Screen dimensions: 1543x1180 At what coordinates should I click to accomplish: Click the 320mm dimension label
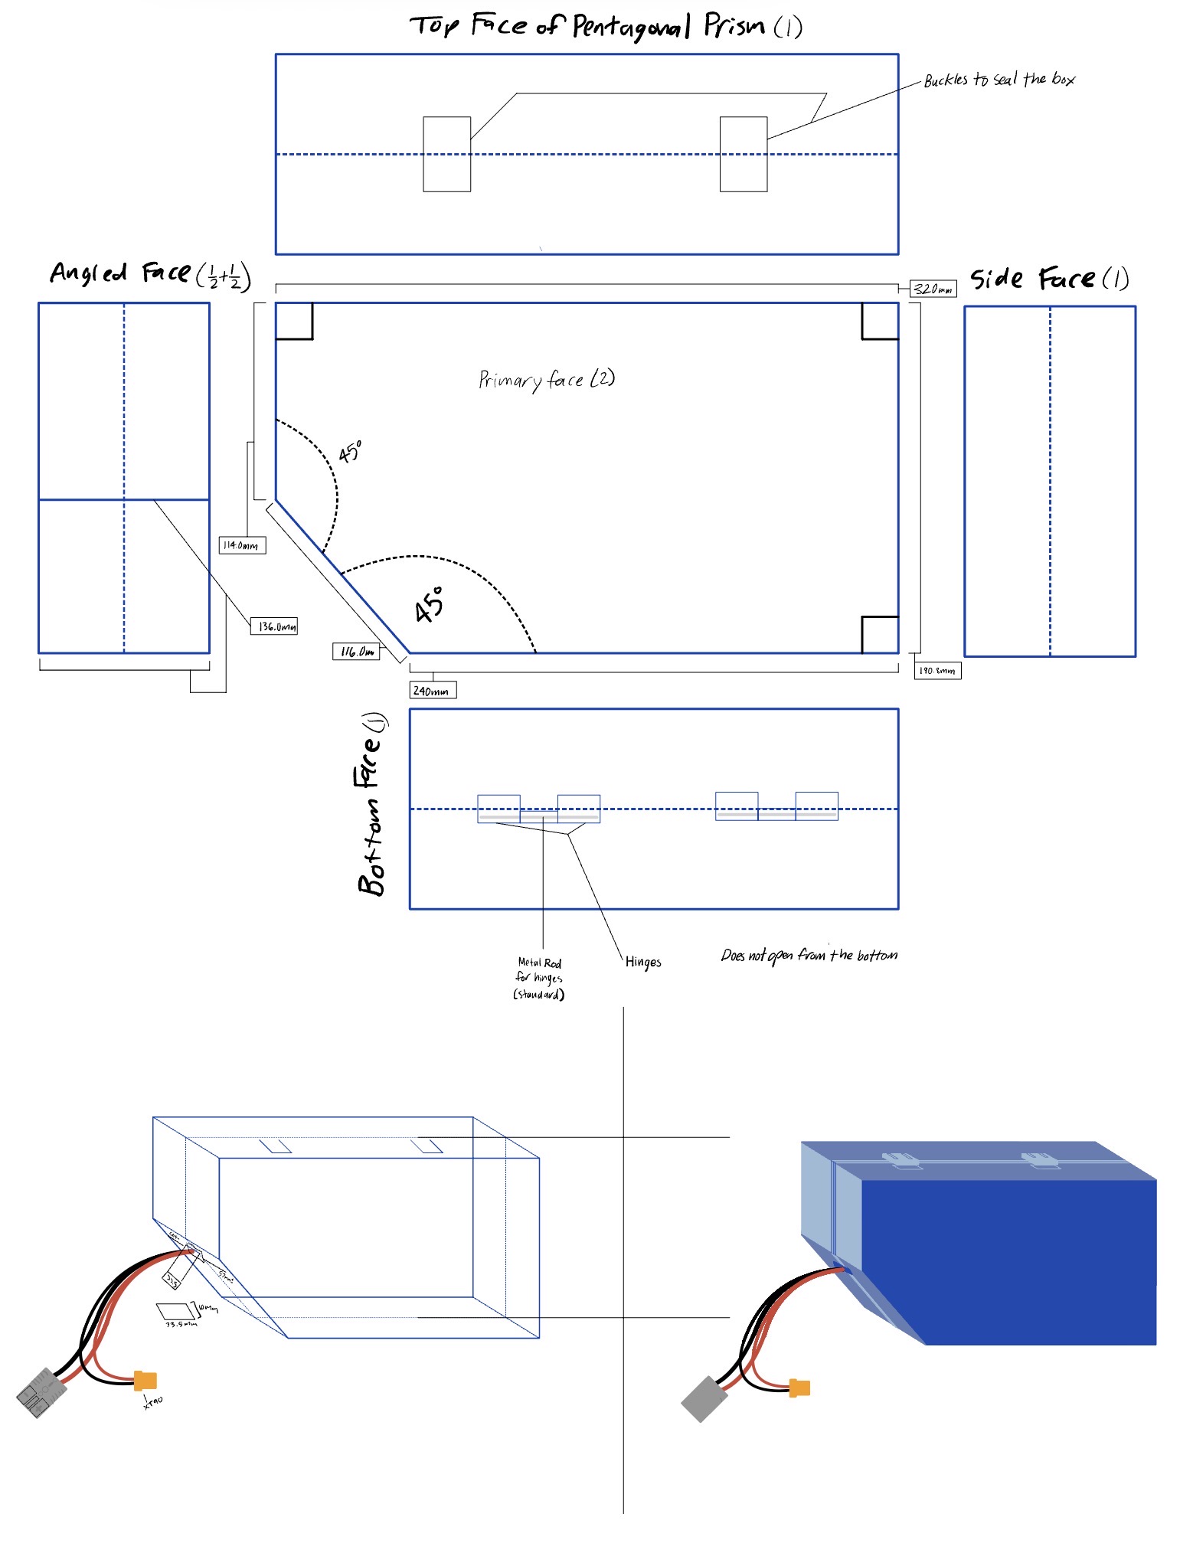coord(933,289)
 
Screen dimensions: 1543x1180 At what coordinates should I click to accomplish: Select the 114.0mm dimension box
coord(242,545)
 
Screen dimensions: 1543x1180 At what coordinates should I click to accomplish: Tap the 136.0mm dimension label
coord(274,626)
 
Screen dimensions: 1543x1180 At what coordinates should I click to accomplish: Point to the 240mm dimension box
coord(433,690)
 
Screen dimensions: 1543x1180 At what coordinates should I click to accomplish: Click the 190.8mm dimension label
coord(937,671)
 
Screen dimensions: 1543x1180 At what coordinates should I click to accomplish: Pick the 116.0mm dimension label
coord(356,652)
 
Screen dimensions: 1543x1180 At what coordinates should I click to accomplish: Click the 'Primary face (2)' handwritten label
coord(546,379)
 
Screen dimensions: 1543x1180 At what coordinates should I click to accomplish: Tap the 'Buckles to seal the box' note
coord(999,80)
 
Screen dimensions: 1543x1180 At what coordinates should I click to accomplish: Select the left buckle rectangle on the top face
coord(446,154)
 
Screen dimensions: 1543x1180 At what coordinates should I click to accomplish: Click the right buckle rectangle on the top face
coord(743,154)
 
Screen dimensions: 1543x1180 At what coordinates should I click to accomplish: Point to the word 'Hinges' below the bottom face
coord(642,962)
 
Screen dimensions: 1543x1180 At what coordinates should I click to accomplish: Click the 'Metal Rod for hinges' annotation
coord(539,978)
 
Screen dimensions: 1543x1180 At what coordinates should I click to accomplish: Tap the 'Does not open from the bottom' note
coord(809,955)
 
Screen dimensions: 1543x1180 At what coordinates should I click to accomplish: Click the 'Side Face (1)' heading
coord(1049,279)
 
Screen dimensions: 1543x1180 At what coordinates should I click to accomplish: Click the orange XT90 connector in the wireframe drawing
coord(145,1381)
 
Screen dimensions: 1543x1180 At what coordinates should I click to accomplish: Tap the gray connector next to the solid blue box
coord(704,1399)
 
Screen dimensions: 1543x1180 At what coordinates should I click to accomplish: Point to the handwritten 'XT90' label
coord(152,1401)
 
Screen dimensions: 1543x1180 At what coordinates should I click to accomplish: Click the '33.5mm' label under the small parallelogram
coord(181,1324)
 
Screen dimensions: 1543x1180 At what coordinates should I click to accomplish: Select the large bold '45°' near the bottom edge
coord(429,605)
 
